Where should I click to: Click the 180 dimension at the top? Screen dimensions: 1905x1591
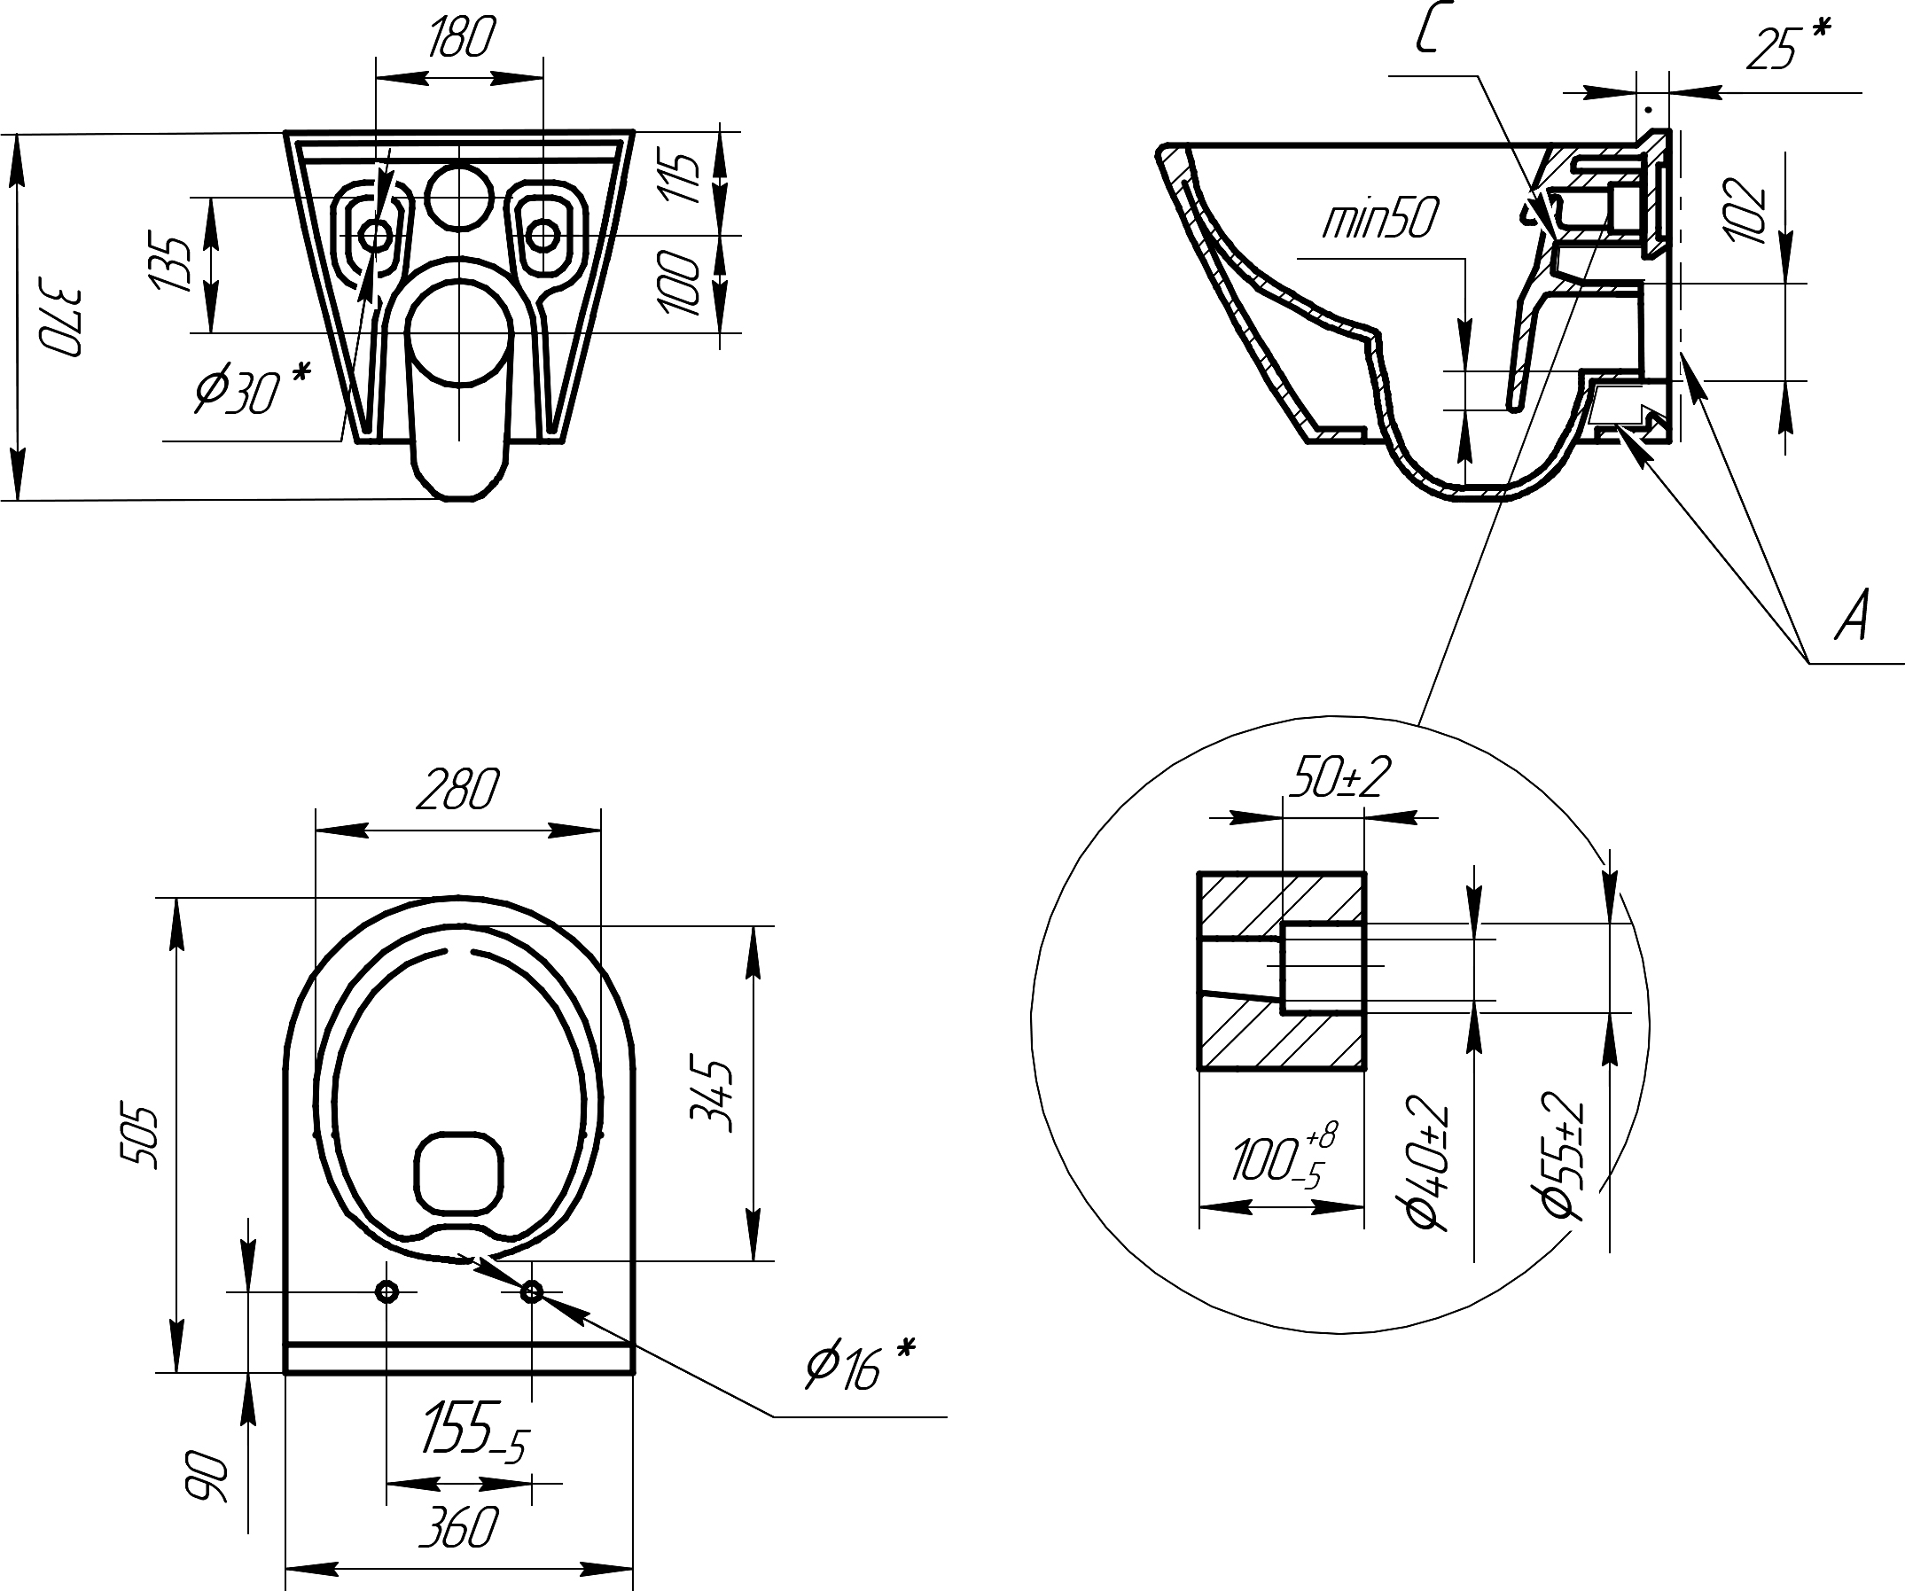(x=462, y=38)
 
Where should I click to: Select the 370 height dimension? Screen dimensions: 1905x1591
(x=62, y=323)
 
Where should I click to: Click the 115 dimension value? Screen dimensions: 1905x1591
(x=683, y=178)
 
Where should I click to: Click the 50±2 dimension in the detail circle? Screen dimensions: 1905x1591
(x=1339, y=777)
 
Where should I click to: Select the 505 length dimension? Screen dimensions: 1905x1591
(x=141, y=1136)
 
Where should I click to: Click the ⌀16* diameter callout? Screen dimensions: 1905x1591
(x=860, y=1365)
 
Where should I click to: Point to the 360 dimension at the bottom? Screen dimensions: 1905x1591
(x=458, y=1527)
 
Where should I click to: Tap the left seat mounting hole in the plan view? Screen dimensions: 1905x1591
(x=387, y=1291)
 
